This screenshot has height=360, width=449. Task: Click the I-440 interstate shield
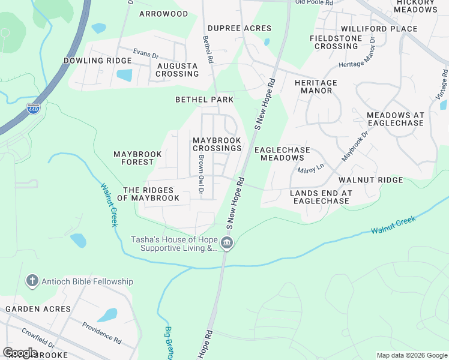pyautogui.click(x=34, y=109)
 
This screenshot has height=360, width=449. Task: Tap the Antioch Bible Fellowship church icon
pyautogui.click(x=32, y=281)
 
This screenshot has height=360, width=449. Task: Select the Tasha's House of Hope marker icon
pyautogui.click(x=226, y=243)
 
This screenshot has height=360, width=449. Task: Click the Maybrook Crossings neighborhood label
pyautogui.click(x=217, y=144)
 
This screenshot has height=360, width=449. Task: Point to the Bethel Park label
pyautogui.click(x=203, y=99)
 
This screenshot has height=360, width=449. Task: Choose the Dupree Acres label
pyautogui.click(x=239, y=28)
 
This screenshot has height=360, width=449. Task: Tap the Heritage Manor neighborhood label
pyautogui.click(x=316, y=86)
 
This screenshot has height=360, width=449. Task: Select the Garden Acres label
pyautogui.click(x=38, y=309)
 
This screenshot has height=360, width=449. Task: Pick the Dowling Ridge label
pyautogui.click(x=97, y=61)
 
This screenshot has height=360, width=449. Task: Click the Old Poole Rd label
pyautogui.click(x=313, y=3)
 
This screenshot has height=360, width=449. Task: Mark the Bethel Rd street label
pyautogui.click(x=208, y=50)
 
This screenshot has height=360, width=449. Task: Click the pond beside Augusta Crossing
pyautogui.click(x=124, y=75)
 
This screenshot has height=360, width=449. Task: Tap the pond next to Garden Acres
pyautogui.click(x=107, y=315)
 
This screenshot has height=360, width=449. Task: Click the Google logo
pyautogui.click(x=20, y=353)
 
